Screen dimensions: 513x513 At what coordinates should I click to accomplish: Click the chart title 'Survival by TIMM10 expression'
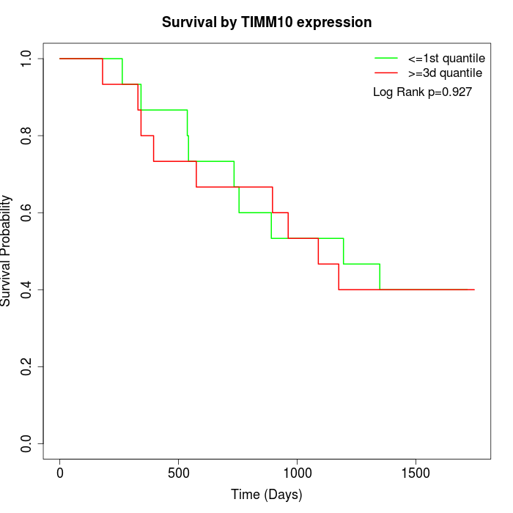(x=267, y=23)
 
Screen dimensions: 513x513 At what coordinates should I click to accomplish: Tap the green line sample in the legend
(x=385, y=58)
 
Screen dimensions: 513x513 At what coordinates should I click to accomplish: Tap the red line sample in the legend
(x=385, y=73)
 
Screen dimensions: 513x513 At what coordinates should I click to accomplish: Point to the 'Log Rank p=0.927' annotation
(x=422, y=92)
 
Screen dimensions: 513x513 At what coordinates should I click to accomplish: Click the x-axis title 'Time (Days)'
(x=267, y=495)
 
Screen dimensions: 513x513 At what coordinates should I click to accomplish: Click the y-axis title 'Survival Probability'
(x=7, y=251)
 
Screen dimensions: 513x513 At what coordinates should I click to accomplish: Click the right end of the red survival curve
(x=474, y=289)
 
